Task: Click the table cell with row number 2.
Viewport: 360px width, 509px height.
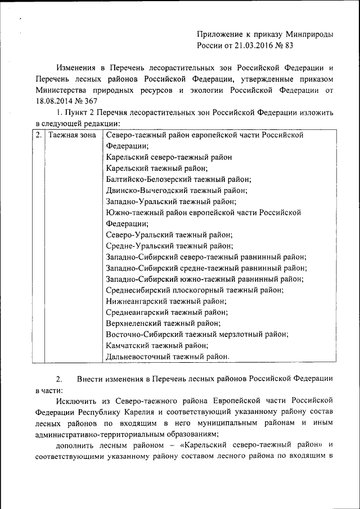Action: pos(38,136)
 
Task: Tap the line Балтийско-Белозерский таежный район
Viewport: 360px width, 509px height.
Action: pos(178,179)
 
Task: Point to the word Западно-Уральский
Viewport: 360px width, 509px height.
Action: pos(138,201)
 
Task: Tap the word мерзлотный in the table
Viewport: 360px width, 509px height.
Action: pos(237,334)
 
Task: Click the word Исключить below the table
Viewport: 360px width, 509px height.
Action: pos(76,400)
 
